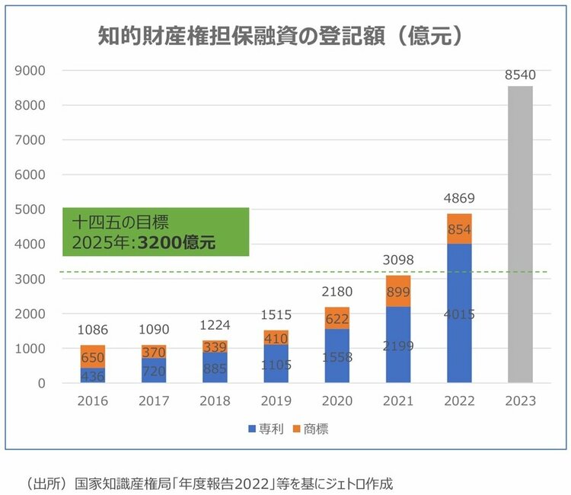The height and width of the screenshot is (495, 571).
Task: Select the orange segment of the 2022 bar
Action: pyautogui.click(x=459, y=228)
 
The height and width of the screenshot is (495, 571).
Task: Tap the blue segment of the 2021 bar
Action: pyautogui.click(x=398, y=344)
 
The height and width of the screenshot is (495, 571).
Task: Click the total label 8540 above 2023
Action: pyautogui.click(x=521, y=75)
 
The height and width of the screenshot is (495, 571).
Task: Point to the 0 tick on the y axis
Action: pyautogui.click(x=42, y=383)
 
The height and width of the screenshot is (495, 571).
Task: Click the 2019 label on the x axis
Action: pyautogui.click(x=276, y=401)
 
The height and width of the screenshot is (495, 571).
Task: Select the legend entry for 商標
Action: pyautogui.click(x=310, y=430)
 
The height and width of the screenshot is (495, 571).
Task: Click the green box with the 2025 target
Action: pyautogui.click(x=156, y=232)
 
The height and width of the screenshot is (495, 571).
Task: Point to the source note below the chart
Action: pyautogui.click(x=209, y=483)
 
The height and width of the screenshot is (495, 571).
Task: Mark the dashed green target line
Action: pyautogui.click(x=305, y=272)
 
